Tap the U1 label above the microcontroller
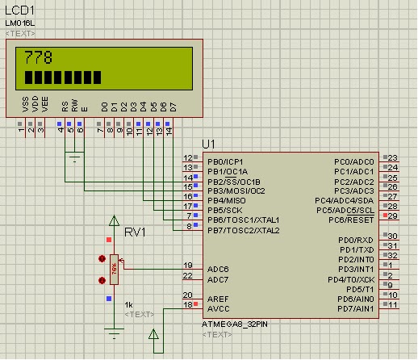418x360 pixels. pyautogui.click(x=209, y=143)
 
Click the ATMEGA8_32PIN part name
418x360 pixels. pyautogui.click(x=235, y=324)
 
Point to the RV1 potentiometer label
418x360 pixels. pyautogui.click(x=135, y=232)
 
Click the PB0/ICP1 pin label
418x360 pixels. pyautogui.click(x=225, y=161)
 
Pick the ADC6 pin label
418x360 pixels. pyautogui.click(x=219, y=269)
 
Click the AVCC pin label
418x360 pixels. pyautogui.click(x=219, y=308)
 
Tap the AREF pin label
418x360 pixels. pyautogui.click(x=219, y=298)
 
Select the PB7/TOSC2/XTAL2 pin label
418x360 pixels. pyautogui.click(x=243, y=230)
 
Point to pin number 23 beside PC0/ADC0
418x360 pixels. pyautogui.click(x=392, y=157)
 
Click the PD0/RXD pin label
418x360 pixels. pyautogui.click(x=357, y=240)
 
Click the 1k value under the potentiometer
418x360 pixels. pyautogui.click(x=128, y=303)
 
